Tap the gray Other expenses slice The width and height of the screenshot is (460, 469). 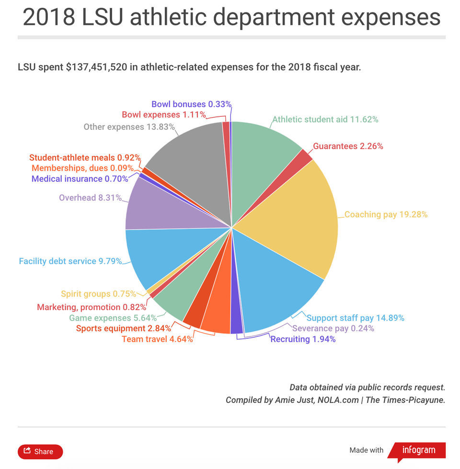192,163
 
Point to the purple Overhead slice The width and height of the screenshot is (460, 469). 158,206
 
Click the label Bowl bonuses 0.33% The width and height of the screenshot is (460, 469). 191,104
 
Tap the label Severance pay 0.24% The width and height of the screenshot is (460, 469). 333,328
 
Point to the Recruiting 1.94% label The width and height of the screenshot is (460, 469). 303,339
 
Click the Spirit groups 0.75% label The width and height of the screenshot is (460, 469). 98,294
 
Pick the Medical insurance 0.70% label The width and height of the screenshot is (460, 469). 80,179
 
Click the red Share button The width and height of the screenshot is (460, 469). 40,451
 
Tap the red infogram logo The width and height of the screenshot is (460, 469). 418,450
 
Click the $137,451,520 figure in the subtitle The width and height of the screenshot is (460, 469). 96,67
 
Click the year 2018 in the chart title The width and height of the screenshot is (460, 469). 49,18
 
